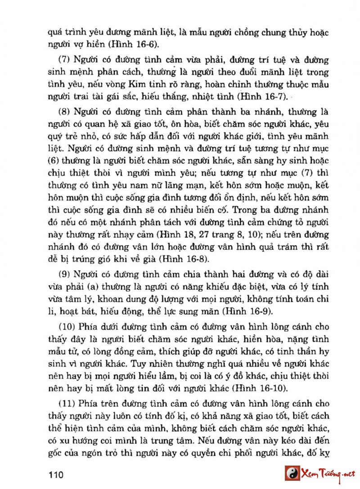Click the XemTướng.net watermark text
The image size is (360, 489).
pos(329,474)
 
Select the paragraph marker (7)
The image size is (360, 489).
pos(66,60)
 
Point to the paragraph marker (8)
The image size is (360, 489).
pos(66,112)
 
